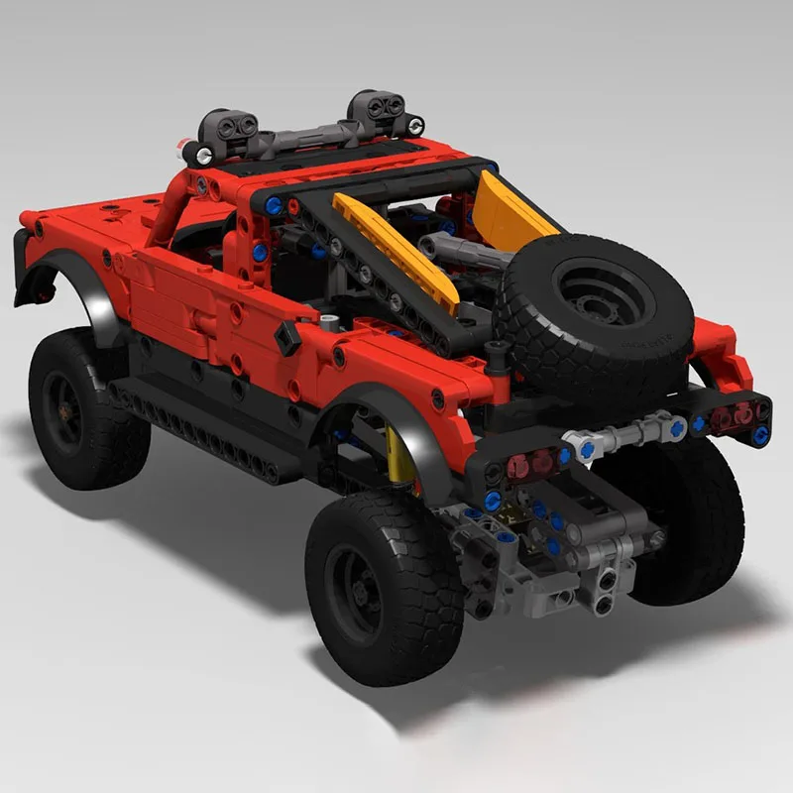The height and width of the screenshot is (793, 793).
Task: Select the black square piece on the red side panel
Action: coord(288,338)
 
